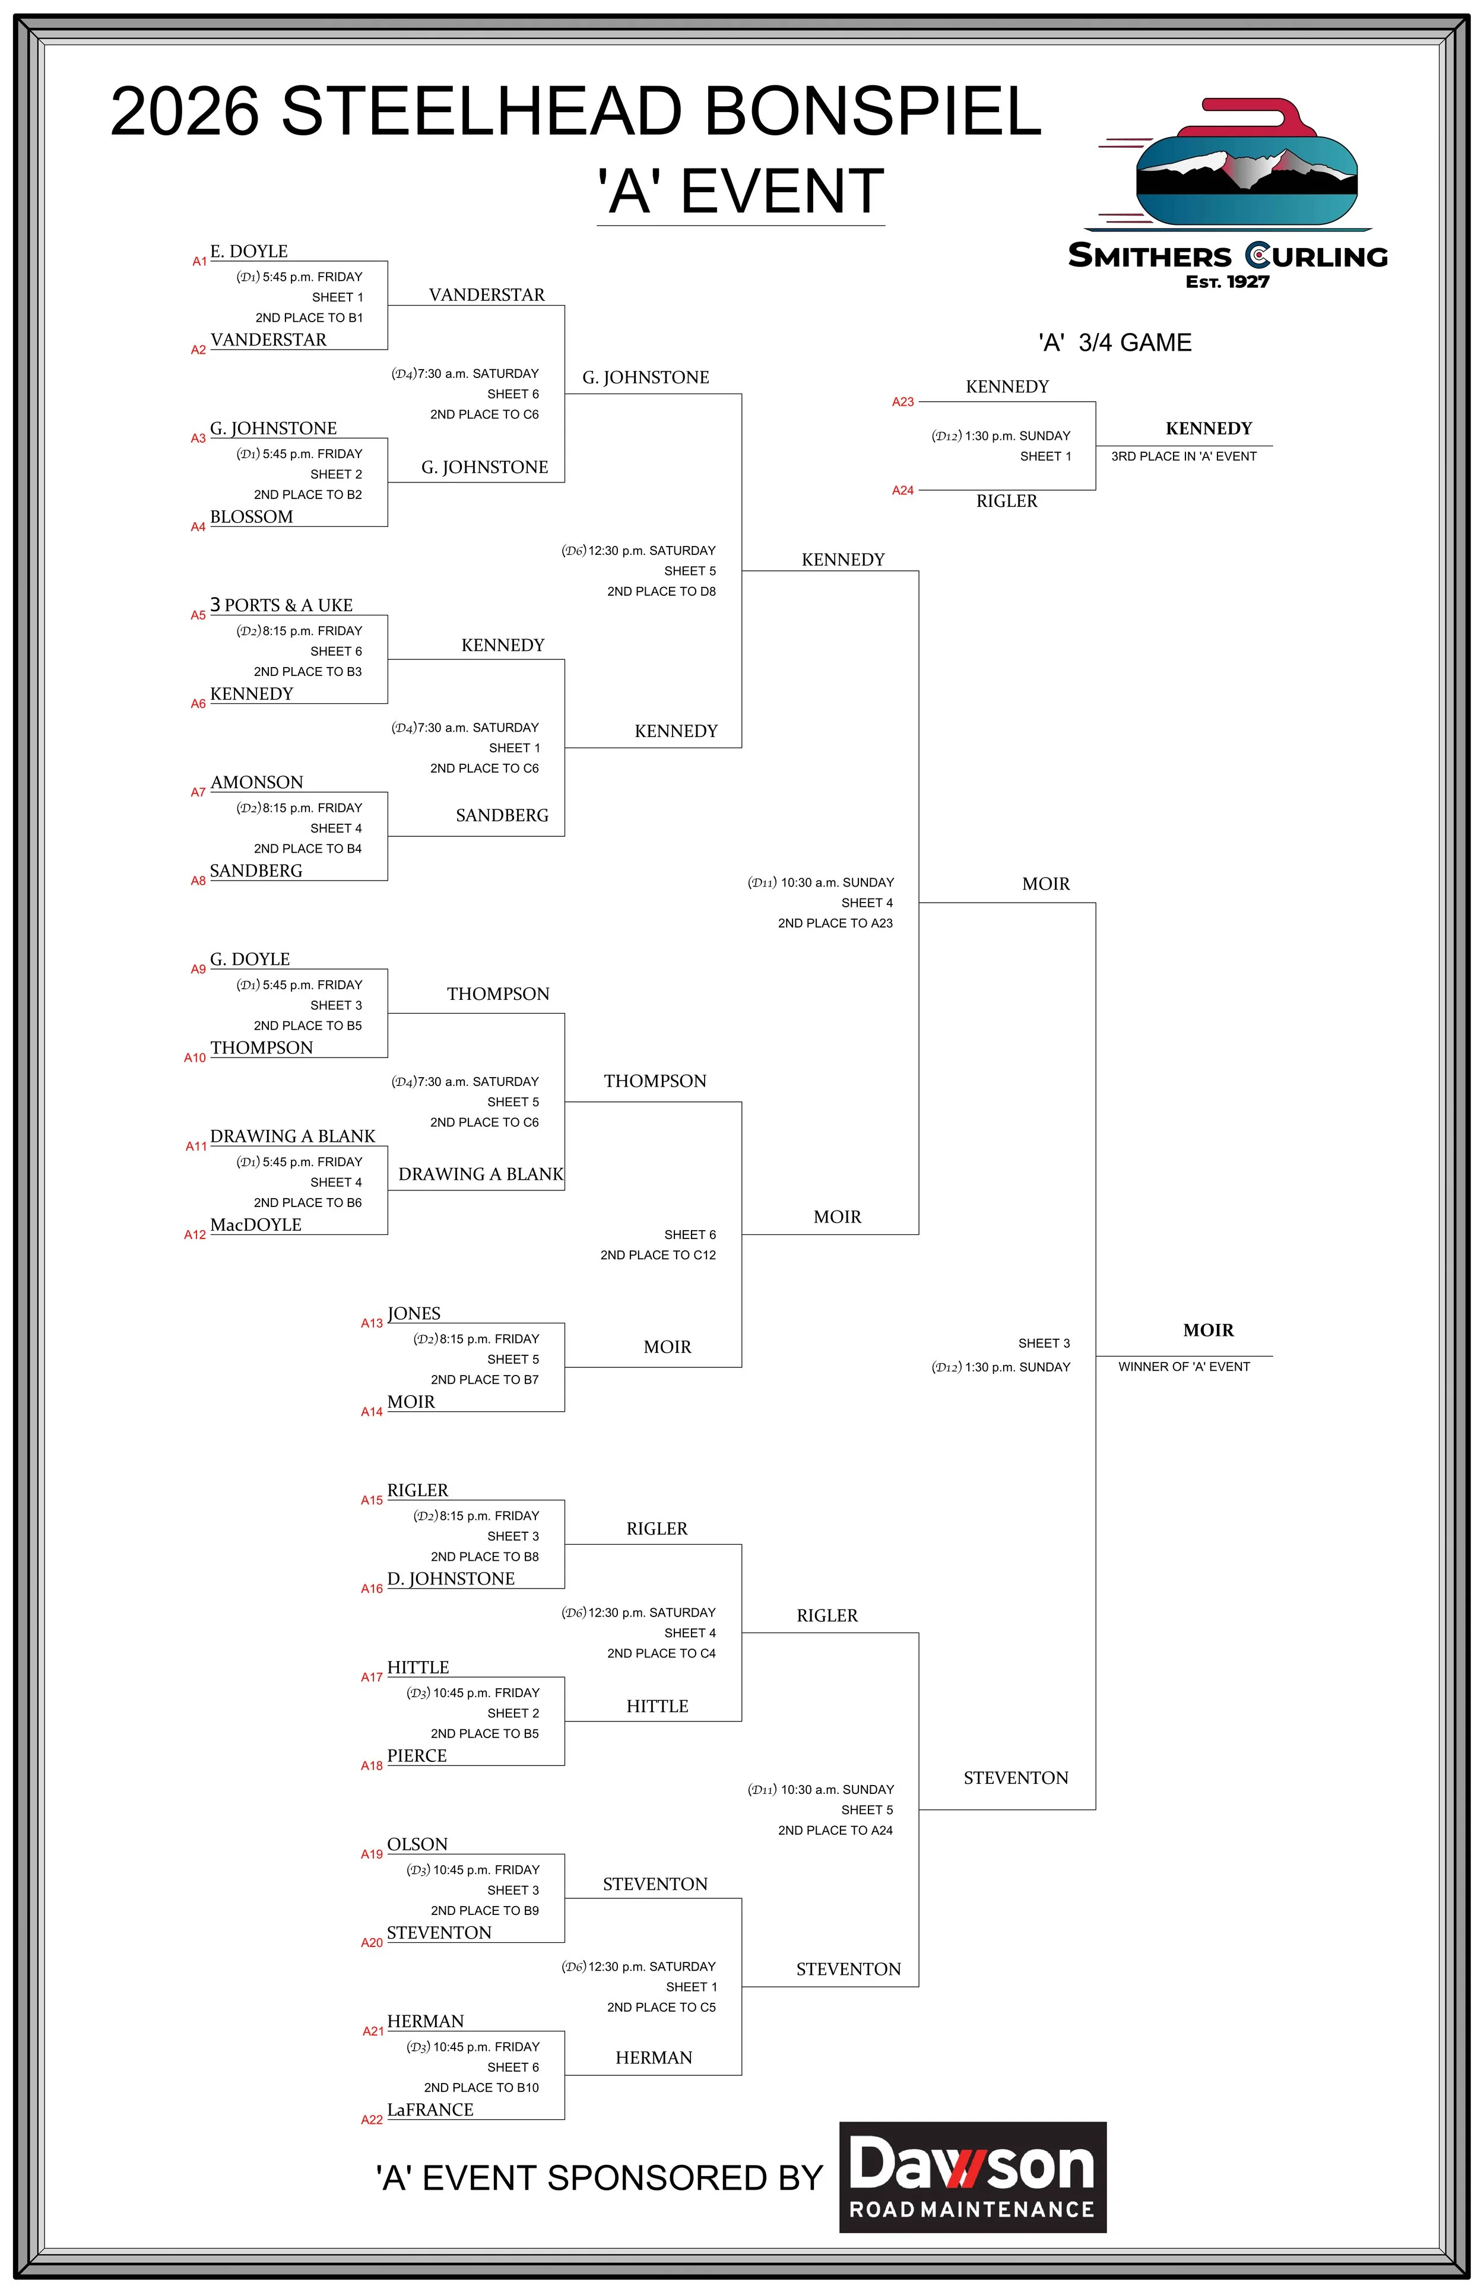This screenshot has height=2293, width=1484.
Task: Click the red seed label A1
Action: click(x=199, y=261)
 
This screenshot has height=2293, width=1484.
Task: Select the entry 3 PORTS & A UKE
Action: click(x=281, y=605)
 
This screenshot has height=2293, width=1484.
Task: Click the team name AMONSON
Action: click(x=256, y=782)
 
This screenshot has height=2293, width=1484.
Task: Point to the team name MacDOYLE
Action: click(x=255, y=1225)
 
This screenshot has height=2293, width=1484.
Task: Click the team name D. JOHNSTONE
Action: click(x=451, y=1578)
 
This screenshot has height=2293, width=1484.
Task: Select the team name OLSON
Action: click(x=417, y=1844)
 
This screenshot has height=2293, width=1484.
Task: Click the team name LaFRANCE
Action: click(x=430, y=2109)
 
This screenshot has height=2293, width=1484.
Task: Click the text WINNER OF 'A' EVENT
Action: click(x=1184, y=1366)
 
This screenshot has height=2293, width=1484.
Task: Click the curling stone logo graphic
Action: click(x=1247, y=164)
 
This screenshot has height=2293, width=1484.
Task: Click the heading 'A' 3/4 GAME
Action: click(x=1114, y=343)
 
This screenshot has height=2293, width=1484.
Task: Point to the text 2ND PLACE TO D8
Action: click(x=661, y=592)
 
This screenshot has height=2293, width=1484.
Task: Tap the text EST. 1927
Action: click(x=1227, y=282)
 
